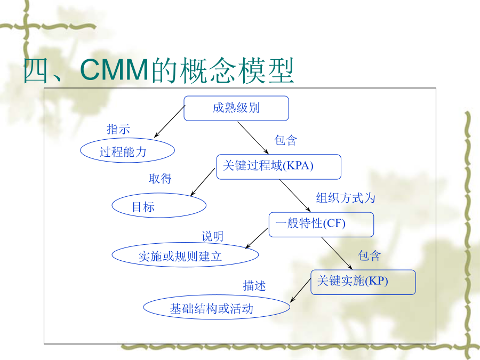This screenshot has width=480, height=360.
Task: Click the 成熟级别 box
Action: (236, 108)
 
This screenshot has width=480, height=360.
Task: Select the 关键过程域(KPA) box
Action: (278, 166)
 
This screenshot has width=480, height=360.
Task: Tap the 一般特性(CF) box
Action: (321, 225)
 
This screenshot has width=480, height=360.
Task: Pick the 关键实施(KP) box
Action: (363, 282)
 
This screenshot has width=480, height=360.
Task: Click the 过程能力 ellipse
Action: (127, 150)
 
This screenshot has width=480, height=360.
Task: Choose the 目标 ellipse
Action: (159, 205)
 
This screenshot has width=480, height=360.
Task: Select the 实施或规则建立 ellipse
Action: (185, 255)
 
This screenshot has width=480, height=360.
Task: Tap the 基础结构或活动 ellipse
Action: (217, 307)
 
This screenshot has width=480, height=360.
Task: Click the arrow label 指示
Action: (118, 129)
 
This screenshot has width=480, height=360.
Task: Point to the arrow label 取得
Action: (160, 179)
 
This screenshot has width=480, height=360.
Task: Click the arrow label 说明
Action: (212, 236)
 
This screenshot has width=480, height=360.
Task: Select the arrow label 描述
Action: (254, 286)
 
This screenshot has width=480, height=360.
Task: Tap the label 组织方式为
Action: (346, 198)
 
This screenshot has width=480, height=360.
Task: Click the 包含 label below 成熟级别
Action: (285, 140)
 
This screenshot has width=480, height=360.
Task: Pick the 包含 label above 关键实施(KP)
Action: (369, 255)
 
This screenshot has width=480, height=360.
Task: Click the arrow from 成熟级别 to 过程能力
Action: (170, 122)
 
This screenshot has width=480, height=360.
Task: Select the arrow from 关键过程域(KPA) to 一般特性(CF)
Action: (295, 196)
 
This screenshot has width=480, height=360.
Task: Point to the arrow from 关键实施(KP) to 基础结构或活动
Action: (301, 290)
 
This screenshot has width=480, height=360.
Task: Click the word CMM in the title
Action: (115, 70)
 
